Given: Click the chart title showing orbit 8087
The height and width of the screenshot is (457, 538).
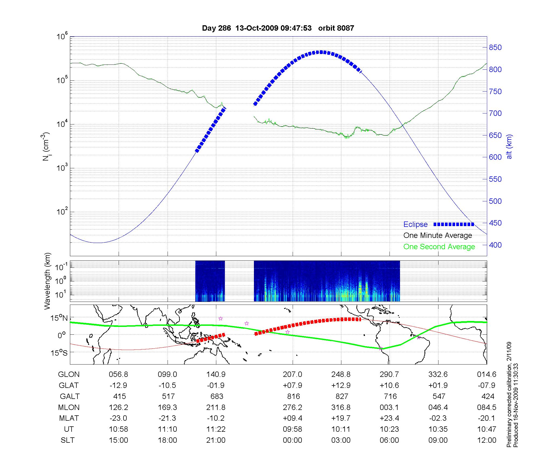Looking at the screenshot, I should tap(278, 28).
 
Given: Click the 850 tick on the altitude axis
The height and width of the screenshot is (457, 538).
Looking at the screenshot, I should tap(495, 48).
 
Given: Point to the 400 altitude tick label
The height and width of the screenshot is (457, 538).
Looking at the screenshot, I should tap(495, 245).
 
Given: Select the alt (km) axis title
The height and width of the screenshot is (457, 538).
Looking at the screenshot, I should tap(509, 147).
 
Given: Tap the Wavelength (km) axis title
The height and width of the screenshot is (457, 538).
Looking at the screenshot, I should tap(47, 281).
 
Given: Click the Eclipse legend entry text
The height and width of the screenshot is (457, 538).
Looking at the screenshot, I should tap(415, 224).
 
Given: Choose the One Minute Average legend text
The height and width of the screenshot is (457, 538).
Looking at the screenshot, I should tap(438, 235).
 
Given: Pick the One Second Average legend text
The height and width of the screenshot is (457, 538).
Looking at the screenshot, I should tap(439, 247).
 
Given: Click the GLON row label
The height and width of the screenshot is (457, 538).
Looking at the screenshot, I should tap(69, 374).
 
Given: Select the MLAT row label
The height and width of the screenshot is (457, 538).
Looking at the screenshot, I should tap(69, 418).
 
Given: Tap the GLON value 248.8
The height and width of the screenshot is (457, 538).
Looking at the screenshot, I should tap(341, 374).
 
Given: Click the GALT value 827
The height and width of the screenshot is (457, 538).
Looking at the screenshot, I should tap(342, 397).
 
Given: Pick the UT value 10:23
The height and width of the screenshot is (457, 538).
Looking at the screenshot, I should tap(389, 429).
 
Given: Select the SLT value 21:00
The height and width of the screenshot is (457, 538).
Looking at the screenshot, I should tap(216, 440).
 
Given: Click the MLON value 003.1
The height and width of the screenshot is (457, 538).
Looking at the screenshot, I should tap(389, 408).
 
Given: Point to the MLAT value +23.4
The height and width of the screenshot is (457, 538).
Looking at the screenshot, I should tap(389, 418).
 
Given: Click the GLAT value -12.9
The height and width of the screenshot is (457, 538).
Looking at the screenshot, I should tap(118, 385).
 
